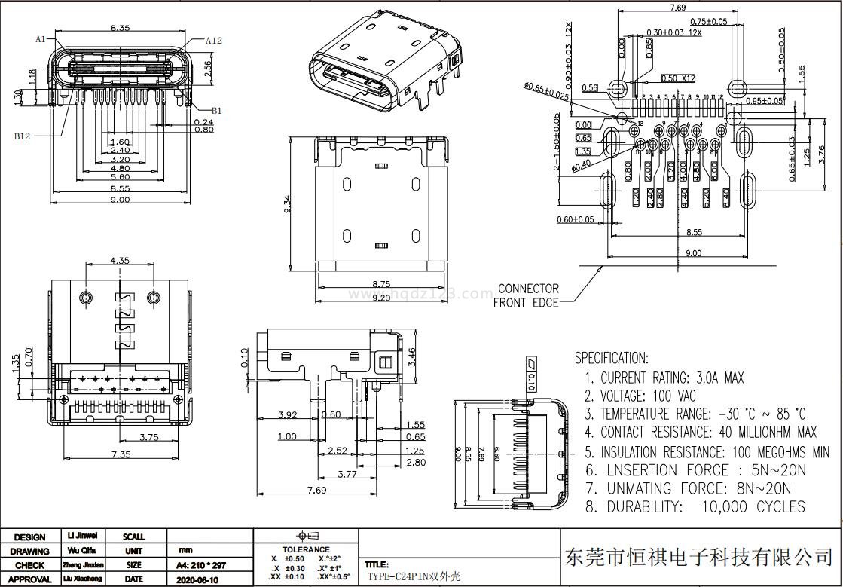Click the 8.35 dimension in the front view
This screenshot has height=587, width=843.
(120, 28)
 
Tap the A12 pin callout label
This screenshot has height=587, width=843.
(213, 41)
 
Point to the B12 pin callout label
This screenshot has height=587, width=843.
(23, 136)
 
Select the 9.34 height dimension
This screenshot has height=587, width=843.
(288, 203)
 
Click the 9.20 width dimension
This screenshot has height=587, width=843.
(381, 298)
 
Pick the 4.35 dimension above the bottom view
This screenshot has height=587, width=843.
(120, 261)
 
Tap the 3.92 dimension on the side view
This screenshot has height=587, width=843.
(287, 414)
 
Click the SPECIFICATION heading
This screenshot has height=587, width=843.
(611, 358)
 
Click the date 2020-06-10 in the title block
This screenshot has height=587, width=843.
(197, 579)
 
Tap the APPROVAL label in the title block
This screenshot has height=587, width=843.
(30, 579)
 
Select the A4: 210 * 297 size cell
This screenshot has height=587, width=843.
(200, 565)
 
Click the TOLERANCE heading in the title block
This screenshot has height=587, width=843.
(305, 549)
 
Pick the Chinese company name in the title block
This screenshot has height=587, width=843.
(698, 558)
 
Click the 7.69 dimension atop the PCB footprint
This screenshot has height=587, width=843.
(677, 8)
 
